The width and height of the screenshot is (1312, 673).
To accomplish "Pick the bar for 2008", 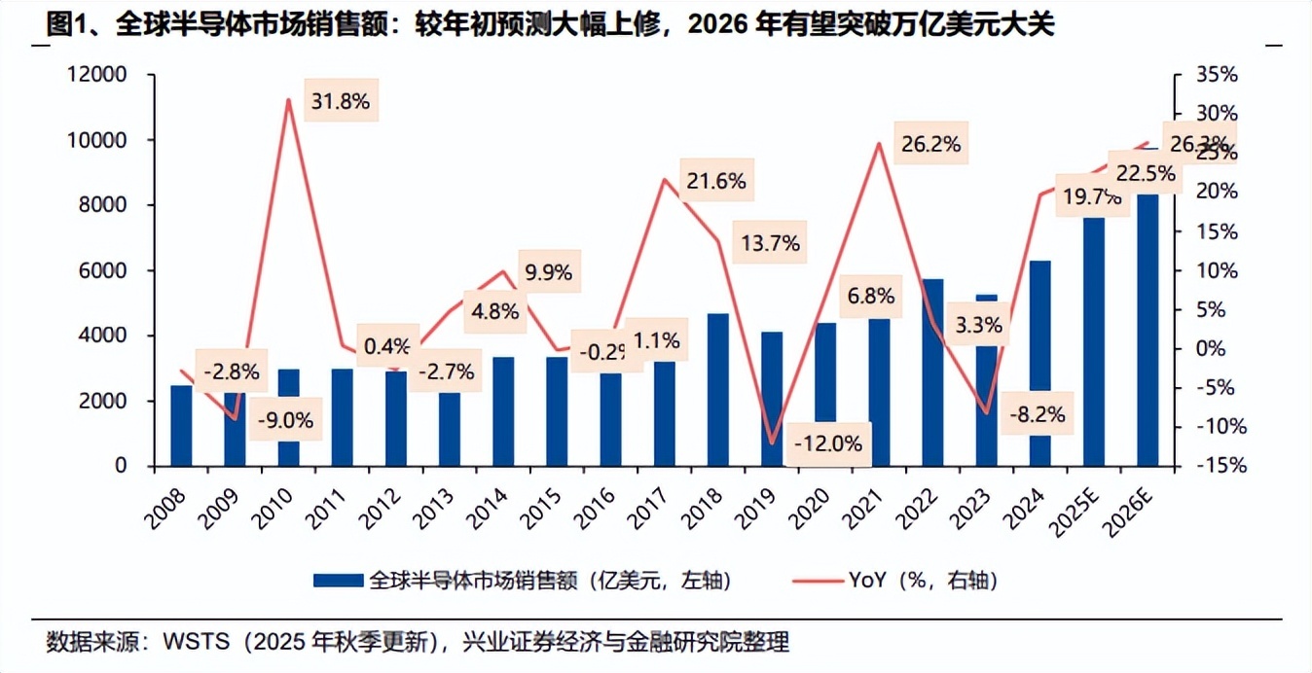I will (181, 426).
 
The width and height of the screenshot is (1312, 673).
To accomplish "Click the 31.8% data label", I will (339, 101).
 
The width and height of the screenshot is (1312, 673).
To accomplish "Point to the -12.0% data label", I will (828, 443).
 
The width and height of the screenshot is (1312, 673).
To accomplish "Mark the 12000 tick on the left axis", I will (98, 75).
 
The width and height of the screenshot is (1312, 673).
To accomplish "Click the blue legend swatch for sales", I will (339, 581).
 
